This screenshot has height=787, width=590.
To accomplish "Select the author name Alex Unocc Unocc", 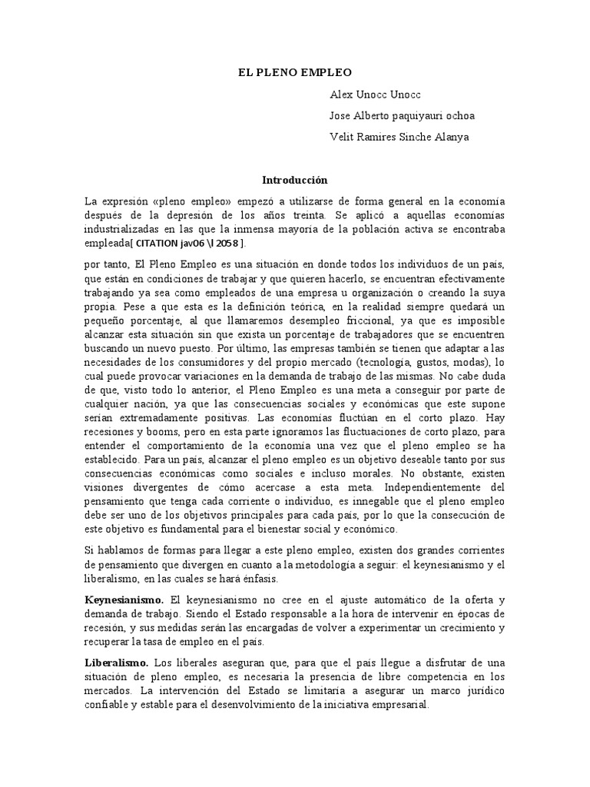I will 375,94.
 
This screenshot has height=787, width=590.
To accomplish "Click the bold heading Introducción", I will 294,180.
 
